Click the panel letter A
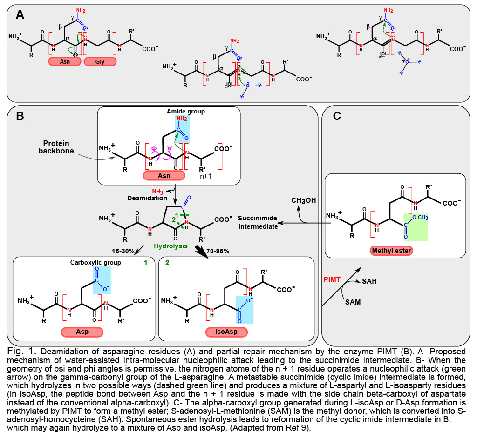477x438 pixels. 20,14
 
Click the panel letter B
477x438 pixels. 20,116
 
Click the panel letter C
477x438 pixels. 337,116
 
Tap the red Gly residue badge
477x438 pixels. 100,62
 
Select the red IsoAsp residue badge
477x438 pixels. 226,332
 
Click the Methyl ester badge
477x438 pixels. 391,251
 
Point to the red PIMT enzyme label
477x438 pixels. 332,279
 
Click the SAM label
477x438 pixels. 353,302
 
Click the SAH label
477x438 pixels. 369,281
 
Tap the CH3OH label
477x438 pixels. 304,200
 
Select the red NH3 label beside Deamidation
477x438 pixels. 157,192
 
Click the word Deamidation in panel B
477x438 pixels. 147,198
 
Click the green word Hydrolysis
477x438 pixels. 170,246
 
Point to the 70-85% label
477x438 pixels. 218,251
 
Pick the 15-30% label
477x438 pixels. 123,251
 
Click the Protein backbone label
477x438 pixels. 56,147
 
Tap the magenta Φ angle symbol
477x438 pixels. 154,148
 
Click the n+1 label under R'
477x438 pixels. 205,176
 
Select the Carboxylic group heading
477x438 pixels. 95,262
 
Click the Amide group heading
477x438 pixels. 185,112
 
